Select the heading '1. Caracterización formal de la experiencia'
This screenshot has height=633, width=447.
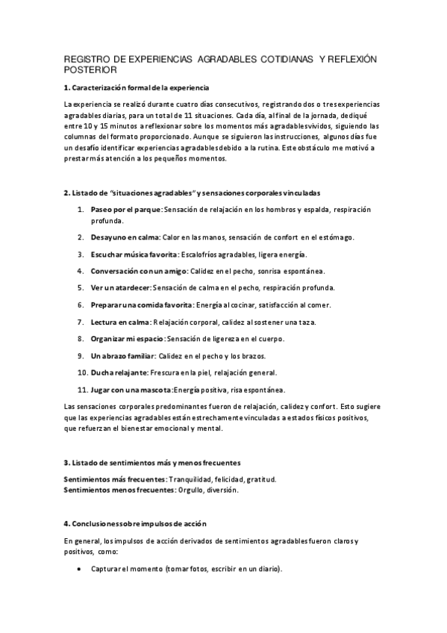tap(137, 88)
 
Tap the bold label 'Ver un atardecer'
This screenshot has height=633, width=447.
tap(120, 287)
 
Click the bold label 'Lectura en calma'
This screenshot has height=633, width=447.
tap(120, 322)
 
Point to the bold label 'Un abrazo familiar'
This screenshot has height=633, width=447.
tap(123, 355)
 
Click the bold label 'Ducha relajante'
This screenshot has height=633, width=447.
tap(119, 372)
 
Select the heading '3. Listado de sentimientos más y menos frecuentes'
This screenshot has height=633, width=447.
tap(151, 463)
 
